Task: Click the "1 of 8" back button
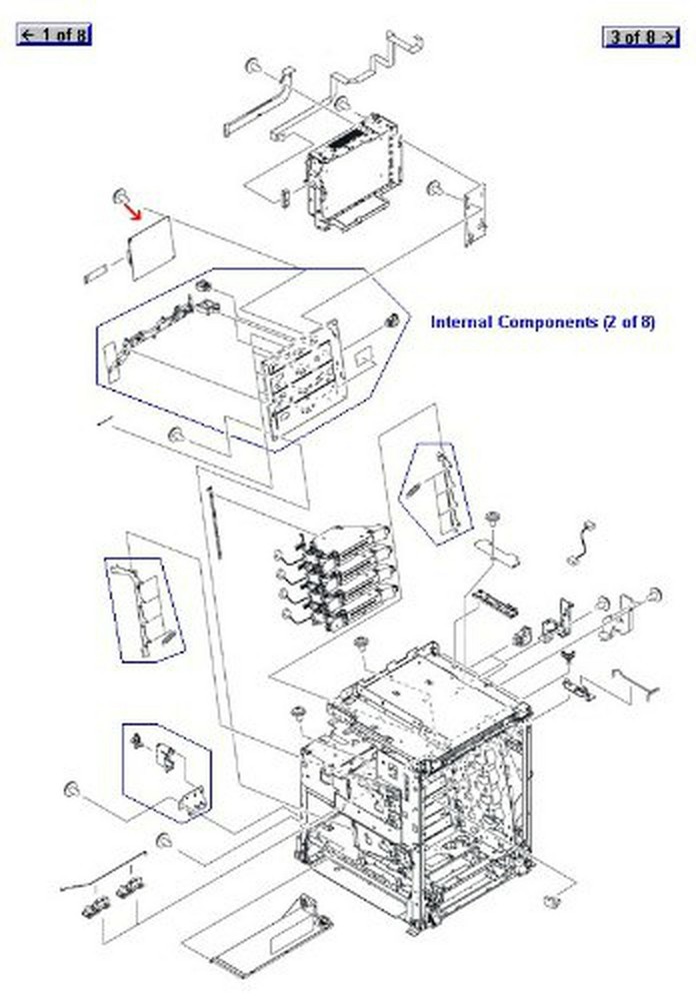53,35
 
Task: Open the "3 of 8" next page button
640,37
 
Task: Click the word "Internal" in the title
462,322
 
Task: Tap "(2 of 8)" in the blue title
628,322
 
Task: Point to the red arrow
132,207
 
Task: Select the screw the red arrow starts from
119,194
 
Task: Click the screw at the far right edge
656,595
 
